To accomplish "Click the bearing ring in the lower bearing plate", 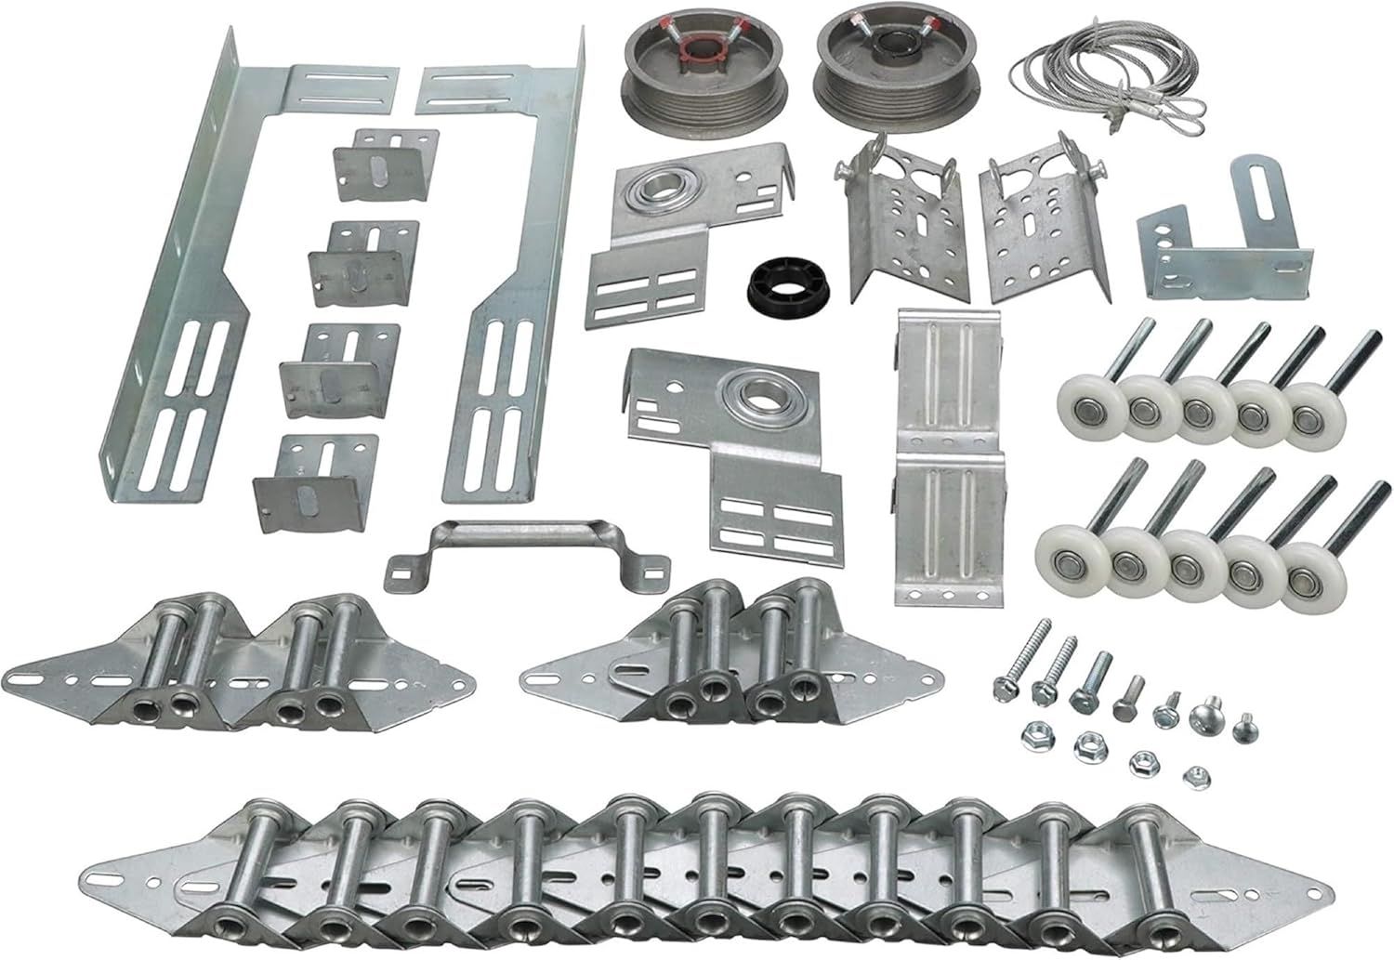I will (764, 397).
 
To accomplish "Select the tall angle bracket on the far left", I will (177, 279).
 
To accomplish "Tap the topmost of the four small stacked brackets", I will (385, 165).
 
